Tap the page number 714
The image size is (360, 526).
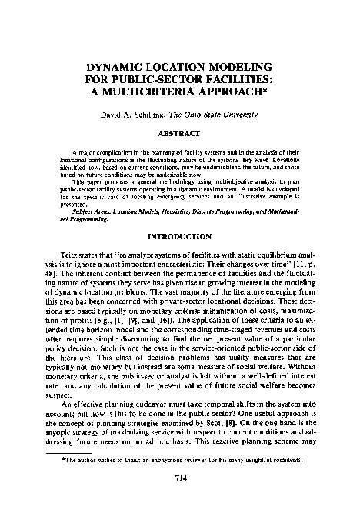[180, 498]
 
